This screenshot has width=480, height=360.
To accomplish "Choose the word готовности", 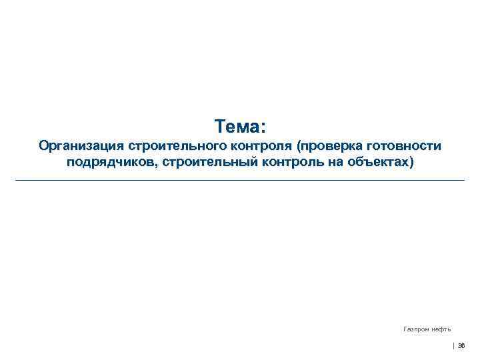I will [403, 146].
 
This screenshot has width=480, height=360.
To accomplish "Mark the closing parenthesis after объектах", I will [411, 163].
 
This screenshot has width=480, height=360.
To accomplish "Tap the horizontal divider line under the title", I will [240, 180].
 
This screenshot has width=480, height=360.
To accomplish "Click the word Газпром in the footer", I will [416, 329].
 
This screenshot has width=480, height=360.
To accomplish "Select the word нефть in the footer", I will [440, 329].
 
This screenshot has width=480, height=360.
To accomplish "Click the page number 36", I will [461, 345].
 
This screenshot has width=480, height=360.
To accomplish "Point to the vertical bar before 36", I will [453, 345].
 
